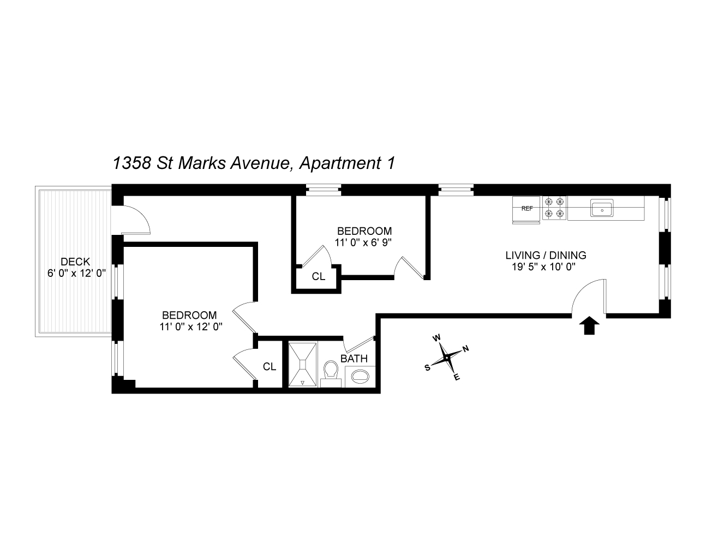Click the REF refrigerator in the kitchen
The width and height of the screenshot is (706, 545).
[x=526, y=209]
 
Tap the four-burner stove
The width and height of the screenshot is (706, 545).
[x=554, y=208]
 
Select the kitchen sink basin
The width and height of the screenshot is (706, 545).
[x=602, y=208]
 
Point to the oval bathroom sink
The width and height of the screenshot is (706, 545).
[x=360, y=376]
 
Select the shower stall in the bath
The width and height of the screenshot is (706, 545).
[x=303, y=365]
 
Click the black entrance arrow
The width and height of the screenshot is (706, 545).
[x=589, y=326]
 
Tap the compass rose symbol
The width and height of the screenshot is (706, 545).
[x=447, y=358]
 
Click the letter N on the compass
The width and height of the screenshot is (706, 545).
[x=465, y=349]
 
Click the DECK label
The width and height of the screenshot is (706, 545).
[x=75, y=262]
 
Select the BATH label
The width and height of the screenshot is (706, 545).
[x=354, y=359]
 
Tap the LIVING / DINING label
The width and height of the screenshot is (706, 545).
[x=546, y=255]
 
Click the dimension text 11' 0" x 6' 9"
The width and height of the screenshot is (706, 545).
[x=364, y=242]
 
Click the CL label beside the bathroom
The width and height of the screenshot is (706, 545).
[x=270, y=367]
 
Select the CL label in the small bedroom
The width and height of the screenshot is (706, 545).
[x=319, y=277]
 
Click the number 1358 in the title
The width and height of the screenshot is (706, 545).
[x=131, y=163]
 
